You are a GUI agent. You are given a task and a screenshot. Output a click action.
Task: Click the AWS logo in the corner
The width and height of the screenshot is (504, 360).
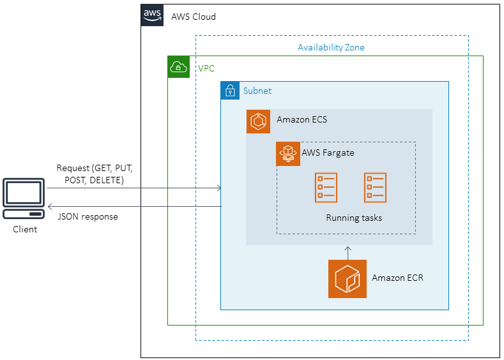click(152, 15)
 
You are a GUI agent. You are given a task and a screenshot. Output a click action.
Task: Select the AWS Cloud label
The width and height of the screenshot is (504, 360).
click(194, 17)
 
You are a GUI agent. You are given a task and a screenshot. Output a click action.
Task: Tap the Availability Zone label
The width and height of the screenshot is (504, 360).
click(331, 47)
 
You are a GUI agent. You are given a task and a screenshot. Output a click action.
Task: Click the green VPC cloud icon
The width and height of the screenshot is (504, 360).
click(179, 67)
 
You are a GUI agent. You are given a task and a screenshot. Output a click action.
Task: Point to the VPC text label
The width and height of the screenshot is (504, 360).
click(206, 68)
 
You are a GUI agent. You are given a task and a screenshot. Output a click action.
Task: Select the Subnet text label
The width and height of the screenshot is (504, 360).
click(257, 91)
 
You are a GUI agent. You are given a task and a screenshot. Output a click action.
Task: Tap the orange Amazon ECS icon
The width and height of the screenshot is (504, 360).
click(258, 121)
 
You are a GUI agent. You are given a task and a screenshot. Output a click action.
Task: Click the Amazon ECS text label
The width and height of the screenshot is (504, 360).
click(302, 119)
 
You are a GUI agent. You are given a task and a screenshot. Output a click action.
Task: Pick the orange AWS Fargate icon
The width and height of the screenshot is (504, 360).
click(288, 154)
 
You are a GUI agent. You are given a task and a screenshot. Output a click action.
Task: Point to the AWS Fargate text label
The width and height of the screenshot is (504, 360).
click(328, 153)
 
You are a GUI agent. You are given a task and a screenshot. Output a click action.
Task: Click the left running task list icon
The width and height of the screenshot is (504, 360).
click(326, 188)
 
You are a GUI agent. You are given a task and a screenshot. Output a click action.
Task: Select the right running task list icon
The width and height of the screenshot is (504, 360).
click(375, 188)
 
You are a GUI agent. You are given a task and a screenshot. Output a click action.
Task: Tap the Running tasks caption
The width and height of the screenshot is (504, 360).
click(354, 218)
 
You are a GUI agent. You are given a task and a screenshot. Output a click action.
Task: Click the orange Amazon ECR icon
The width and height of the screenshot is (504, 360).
click(347, 279)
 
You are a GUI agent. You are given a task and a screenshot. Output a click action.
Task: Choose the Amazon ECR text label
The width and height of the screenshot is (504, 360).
click(397, 278)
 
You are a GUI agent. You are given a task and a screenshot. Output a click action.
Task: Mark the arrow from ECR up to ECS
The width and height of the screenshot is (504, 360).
click(347, 252)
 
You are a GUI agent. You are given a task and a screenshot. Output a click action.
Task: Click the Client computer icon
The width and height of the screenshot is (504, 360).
click(25, 199)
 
